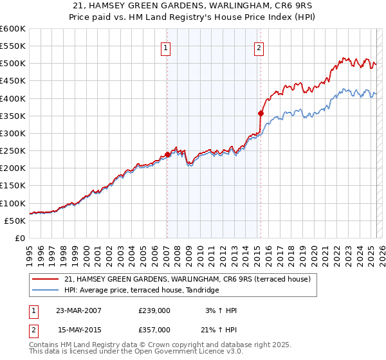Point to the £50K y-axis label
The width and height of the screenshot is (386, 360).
(x=15, y=221)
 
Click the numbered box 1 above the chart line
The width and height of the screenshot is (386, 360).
(x=166, y=47)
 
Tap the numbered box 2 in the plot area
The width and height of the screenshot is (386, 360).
(x=259, y=47)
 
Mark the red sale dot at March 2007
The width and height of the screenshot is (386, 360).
(x=167, y=154)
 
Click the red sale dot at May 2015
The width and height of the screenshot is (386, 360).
(x=261, y=113)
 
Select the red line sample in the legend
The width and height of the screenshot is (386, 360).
(x=46, y=279)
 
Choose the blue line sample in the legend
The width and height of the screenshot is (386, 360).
(x=46, y=291)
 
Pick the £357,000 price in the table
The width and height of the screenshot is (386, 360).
(x=154, y=329)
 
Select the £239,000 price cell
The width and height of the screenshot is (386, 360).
(x=154, y=310)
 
